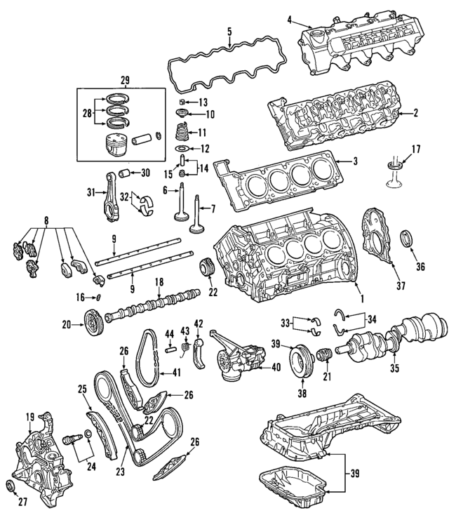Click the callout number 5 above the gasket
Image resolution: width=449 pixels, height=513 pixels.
(229, 32)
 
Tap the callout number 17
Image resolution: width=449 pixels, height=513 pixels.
(415, 149)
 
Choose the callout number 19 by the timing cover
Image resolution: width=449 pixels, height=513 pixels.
(30, 417)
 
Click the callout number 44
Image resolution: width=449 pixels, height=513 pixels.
(169, 332)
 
